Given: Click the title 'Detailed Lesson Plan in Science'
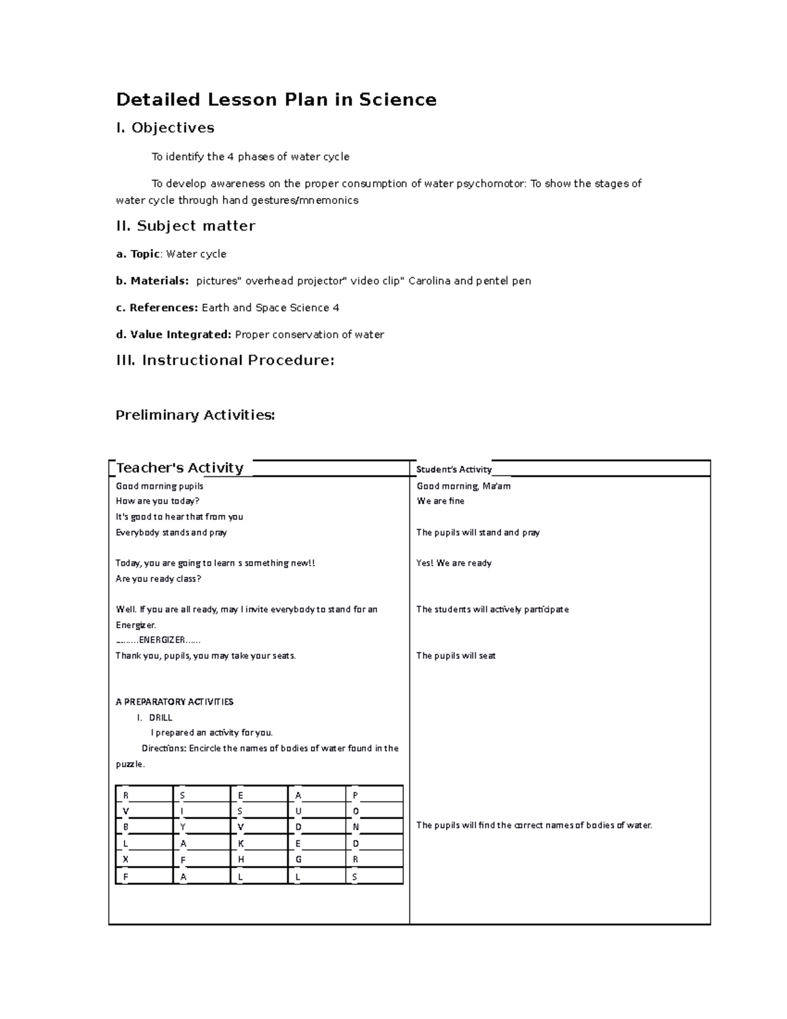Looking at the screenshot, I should coord(276,100).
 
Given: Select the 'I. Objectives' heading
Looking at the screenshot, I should coord(165,128).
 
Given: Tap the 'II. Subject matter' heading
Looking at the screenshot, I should coord(186,226).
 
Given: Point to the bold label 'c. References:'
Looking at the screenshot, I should coord(157,308).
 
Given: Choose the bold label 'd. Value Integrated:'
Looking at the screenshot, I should coord(174,335).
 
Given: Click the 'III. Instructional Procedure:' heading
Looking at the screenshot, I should coord(225,360).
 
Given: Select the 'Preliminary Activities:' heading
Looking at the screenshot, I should coord(195,415).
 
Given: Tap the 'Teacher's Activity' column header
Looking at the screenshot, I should coord(180,468).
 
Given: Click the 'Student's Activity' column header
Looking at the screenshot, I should coord(454,470).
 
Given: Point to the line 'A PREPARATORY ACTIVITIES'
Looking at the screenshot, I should coord(174,702).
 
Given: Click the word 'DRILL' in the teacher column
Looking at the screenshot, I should coord(161,718).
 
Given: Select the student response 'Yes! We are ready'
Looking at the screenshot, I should coord(454,563).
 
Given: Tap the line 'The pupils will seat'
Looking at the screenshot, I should coord(456,655).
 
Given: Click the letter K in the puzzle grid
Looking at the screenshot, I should coord(241,844).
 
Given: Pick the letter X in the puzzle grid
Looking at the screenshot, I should coord(126,860).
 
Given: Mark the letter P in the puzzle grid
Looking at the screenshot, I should coord(355,795).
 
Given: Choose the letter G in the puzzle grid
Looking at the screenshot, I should coord(298,860).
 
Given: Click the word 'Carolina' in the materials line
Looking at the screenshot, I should coord(430,281).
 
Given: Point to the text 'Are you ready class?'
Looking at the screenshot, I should coord(158,579).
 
